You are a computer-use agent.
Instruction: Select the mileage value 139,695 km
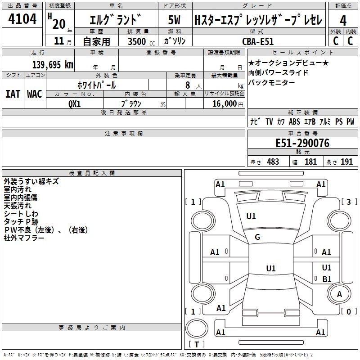pos(53,64)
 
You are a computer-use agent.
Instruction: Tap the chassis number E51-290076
pos(302,144)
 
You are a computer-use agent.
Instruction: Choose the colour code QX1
pos(75,103)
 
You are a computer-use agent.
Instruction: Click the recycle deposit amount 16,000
pos(223,103)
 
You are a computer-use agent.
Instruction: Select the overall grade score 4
pos(343,20)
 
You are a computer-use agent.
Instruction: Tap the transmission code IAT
pos(13,94)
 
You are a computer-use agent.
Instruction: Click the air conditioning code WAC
pos(35,94)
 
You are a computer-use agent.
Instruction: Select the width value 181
pos(310,162)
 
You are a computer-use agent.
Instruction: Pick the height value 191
pos(346,162)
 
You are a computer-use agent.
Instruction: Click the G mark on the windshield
pos(257,237)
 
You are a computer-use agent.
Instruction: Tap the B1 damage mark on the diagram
pos(327,279)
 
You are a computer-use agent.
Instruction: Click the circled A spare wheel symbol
pos(339,294)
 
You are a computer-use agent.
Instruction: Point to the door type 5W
pos(175,20)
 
